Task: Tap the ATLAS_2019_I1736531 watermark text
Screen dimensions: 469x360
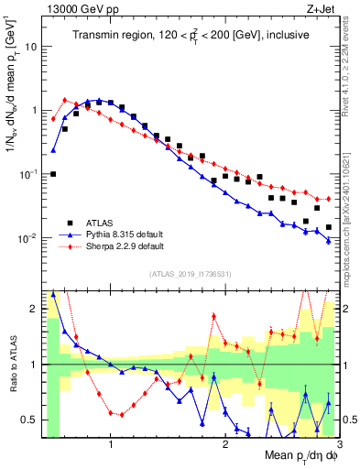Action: click(190, 274)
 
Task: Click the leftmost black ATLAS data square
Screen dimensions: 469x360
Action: click(53, 173)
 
